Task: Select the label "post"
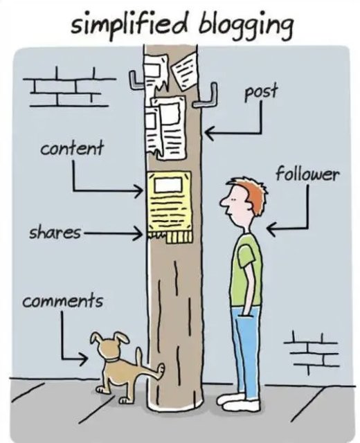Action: (261, 92)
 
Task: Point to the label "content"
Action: (72, 148)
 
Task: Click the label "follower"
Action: (307, 174)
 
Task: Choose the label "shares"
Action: (55, 233)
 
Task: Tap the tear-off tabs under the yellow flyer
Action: (170, 237)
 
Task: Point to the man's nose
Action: (223, 201)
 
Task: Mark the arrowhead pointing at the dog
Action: (84, 359)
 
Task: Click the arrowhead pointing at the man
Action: (271, 228)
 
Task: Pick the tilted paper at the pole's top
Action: (185, 70)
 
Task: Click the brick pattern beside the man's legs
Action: (311, 353)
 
